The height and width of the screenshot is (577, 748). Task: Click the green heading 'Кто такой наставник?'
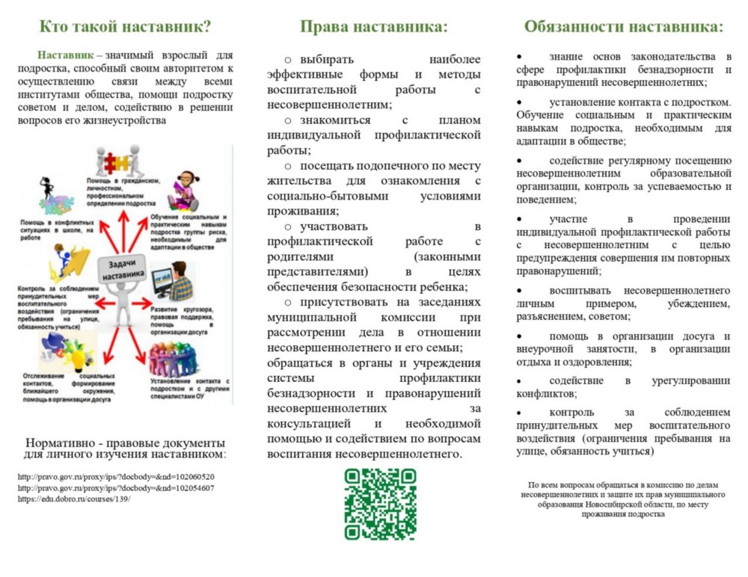(x=124, y=28)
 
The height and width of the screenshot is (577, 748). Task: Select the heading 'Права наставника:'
(x=374, y=28)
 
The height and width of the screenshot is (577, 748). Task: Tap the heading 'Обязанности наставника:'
(x=624, y=28)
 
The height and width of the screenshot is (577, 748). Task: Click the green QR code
(x=380, y=504)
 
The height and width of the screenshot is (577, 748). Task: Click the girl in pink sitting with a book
(x=183, y=191)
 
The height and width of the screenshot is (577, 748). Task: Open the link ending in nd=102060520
(x=116, y=477)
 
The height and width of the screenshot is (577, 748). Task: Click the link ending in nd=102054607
(x=116, y=488)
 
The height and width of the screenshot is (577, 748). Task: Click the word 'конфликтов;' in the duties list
(x=547, y=394)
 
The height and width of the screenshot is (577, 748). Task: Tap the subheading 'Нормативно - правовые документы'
(x=125, y=442)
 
